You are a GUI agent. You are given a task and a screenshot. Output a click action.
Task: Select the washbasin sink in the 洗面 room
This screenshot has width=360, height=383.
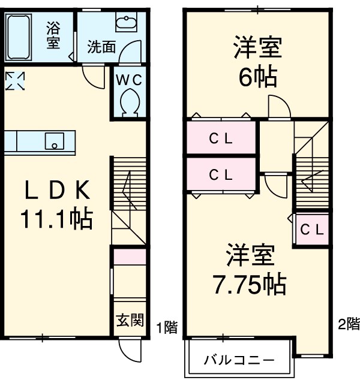[127, 23]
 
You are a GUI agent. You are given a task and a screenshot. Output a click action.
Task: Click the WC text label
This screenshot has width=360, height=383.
[129, 80]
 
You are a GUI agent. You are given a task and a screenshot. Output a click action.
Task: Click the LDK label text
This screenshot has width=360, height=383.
[57, 191]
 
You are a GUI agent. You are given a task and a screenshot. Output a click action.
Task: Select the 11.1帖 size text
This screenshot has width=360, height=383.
[57, 219]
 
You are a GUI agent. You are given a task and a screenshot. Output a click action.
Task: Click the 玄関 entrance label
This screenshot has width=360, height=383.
[130, 320]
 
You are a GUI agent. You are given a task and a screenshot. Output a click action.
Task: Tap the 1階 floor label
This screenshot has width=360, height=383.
[167, 328]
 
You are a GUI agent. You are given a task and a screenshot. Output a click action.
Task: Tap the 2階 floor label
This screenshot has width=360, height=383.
[349, 324]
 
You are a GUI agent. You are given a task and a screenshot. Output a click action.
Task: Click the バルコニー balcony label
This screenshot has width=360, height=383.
[239, 360]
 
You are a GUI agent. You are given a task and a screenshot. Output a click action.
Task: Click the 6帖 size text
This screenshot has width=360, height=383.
[258, 77]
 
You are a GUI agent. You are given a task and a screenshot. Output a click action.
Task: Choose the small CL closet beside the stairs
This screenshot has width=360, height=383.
[312, 228]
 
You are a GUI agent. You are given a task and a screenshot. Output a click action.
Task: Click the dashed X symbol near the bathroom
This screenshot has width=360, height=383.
[16, 81]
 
